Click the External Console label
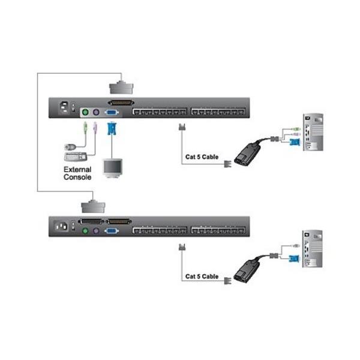click(x=78, y=174)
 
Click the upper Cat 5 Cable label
click(x=202, y=158)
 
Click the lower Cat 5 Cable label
click(x=202, y=277)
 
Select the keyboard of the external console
click(x=75, y=157)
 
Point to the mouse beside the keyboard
click(x=71, y=145)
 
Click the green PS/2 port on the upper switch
click(x=85, y=112)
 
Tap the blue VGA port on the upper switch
click(x=112, y=112)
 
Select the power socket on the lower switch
click(x=61, y=227)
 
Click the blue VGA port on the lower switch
click(x=112, y=230)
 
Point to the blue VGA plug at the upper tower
click(x=294, y=142)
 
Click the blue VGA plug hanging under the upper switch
click(x=111, y=128)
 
